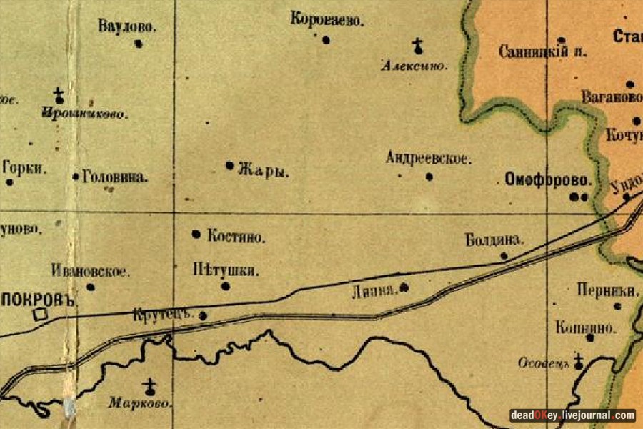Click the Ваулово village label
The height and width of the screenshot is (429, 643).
point(127,26)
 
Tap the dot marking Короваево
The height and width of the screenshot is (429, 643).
point(326,40)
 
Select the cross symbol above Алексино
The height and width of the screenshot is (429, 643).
point(418,47)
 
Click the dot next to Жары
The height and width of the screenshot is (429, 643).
point(230,165)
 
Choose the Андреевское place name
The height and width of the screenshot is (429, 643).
point(428,159)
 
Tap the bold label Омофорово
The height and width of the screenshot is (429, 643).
point(549,179)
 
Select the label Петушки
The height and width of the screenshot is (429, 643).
point(225,270)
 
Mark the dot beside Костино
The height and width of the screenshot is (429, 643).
point(196,234)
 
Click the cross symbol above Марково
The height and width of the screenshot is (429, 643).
point(149,387)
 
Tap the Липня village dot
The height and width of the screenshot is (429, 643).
point(404,287)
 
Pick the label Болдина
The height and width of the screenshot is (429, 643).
point(494,240)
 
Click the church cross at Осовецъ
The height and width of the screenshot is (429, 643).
point(579,362)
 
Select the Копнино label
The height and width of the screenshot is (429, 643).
point(585,327)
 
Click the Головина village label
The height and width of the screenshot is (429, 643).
point(115,177)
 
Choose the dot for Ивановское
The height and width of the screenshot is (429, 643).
point(91,287)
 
